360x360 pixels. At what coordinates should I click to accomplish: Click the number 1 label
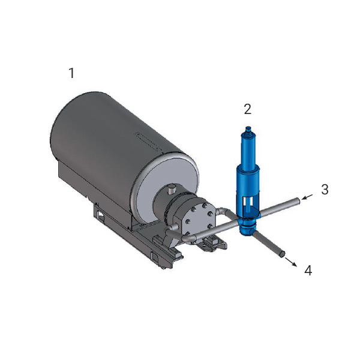coord(72,73)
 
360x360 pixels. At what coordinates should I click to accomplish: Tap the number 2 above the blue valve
coord(247,109)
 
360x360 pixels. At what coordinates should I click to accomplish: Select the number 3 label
coord(325,190)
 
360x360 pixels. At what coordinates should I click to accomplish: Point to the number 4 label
coord(308,270)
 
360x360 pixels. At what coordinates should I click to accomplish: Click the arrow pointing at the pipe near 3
coord(307,197)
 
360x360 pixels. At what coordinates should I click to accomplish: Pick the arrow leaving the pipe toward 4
coord(291,262)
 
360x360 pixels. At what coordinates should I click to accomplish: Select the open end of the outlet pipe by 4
coord(282,254)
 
